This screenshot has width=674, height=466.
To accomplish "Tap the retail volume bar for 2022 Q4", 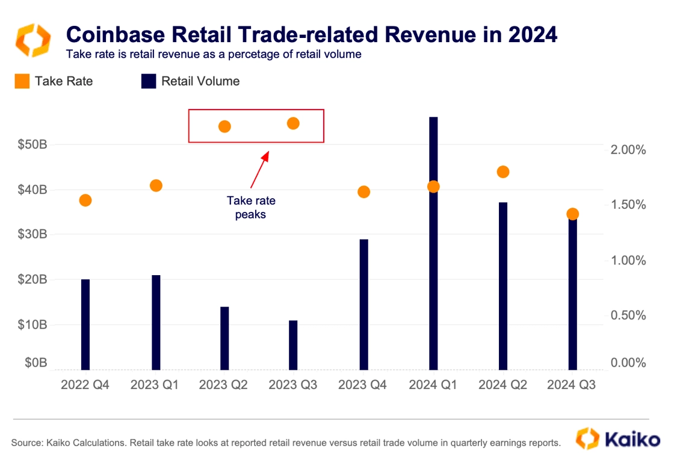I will pos(85,325).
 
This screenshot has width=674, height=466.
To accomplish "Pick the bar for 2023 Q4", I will pos(363,305).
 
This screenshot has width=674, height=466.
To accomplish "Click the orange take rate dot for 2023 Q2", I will pos(224,126).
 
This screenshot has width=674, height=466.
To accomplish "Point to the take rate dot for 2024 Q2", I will pos(503,172).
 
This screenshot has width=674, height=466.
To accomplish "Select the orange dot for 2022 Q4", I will pos(85,200).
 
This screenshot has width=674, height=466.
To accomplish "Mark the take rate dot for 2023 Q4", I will pos(363,192).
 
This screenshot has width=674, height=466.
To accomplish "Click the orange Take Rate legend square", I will pos(22,81).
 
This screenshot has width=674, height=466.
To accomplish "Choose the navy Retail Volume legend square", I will pos(149,81).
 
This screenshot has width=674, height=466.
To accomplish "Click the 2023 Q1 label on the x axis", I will pos(155,385).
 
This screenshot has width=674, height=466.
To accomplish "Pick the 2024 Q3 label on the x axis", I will pos(572,385).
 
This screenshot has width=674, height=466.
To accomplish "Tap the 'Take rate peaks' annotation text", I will pos(250,207).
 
